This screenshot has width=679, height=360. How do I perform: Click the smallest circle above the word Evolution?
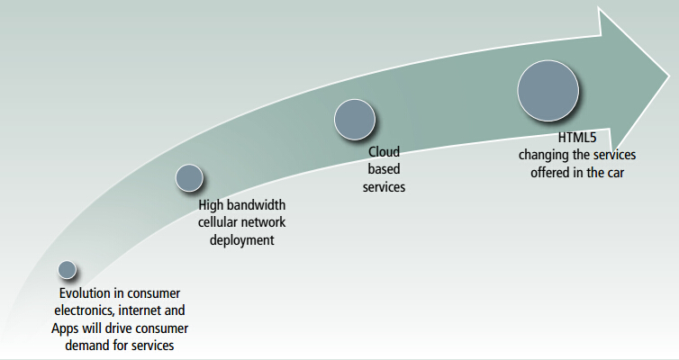point(68,270)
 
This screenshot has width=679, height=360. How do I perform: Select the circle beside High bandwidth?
point(189,178)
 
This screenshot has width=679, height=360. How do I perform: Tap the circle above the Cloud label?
point(355,120)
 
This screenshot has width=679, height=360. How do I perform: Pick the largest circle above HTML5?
point(548,91)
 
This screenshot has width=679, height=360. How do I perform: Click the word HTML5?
point(577,138)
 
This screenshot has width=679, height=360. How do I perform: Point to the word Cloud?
point(384,152)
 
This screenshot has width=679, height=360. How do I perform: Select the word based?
point(384,169)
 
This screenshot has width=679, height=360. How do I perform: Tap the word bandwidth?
point(256,204)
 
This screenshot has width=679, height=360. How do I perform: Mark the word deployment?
point(242,240)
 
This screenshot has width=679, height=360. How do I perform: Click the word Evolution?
point(85,293)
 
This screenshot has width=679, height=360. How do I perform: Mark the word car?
point(614,173)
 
